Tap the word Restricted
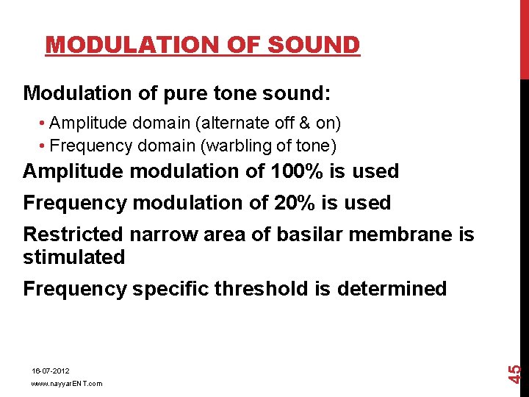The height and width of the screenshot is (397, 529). pyautogui.click(x=73, y=235)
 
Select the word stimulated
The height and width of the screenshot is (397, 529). pyautogui.click(x=74, y=257)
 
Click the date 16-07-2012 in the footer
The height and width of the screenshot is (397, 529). pyautogui.click(x=51, y=371)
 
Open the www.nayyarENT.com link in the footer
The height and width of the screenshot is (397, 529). pyautogui.click(x=67, y=384)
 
